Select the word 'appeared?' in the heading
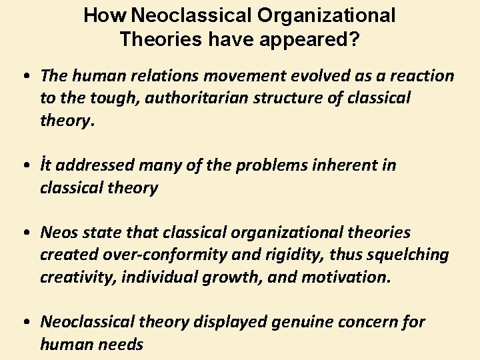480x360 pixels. (316, 39)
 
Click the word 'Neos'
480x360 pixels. (60, 233)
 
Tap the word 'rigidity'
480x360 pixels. (294, 255)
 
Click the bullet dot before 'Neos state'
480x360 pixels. (25, 233)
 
